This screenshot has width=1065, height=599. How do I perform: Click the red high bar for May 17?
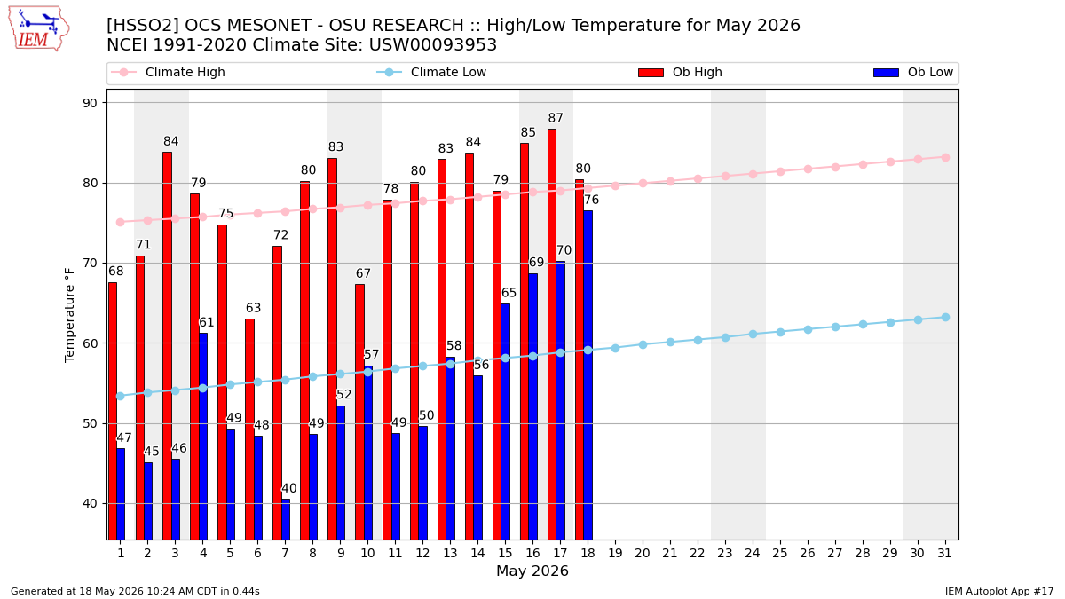[x=552, y=335]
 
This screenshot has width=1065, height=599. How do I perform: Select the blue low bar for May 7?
[x=286, y=520]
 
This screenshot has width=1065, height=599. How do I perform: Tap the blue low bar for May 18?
[x=588, y=375]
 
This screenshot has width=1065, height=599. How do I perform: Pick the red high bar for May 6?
[x=249, y=430]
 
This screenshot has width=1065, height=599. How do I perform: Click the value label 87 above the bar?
[x=556, y=117]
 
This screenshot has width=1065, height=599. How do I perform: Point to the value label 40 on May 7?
[x=289, y=488]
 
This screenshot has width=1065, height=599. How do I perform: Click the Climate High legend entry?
[x=168, y=72]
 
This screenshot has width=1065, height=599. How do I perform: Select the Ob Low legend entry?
[x=913, y=72]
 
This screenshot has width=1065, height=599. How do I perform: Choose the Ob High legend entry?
[x=680, y=72]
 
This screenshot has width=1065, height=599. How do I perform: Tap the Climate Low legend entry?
[x=431, y=72]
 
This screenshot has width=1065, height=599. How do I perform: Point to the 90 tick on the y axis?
[x=90, y=103]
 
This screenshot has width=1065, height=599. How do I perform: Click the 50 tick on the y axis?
[x=90, y=423]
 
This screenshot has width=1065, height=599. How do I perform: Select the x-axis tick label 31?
[x=944, y=553]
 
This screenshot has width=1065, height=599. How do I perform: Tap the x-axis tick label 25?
[x=780, y=553]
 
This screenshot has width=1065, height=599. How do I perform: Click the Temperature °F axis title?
[x=69, y=315]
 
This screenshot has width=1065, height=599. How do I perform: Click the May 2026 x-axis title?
[x=532, y=571]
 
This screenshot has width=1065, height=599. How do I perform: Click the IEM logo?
[x=38, y=29]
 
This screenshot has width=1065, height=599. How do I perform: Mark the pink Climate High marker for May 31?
[x=945, y=157]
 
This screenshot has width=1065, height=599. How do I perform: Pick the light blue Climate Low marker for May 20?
[x=643, y=344]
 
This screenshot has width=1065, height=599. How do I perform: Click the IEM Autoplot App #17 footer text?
[x=999, y=591]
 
